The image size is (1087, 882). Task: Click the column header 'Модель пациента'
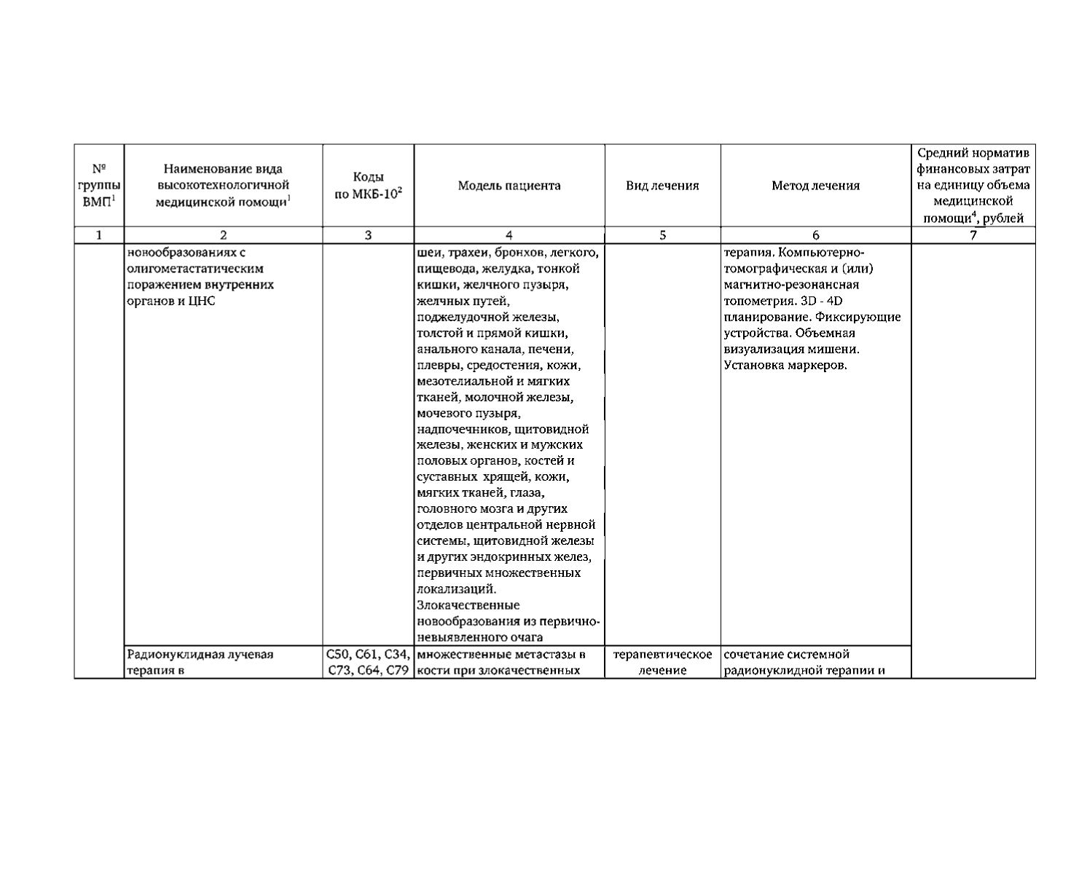(509, 186)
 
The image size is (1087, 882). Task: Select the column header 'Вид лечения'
(662, 186)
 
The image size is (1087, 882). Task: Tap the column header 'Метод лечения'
(815, 186)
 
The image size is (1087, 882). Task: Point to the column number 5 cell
(662, 235)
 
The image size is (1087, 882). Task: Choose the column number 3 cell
(368, 235)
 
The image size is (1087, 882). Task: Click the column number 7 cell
(973, 235)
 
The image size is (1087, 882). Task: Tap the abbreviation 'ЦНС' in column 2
(202, 302)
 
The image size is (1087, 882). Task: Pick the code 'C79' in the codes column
(396, 670)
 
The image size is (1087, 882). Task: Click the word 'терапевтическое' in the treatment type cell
(662, 654)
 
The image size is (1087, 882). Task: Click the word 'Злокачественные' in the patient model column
(468, 605)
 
